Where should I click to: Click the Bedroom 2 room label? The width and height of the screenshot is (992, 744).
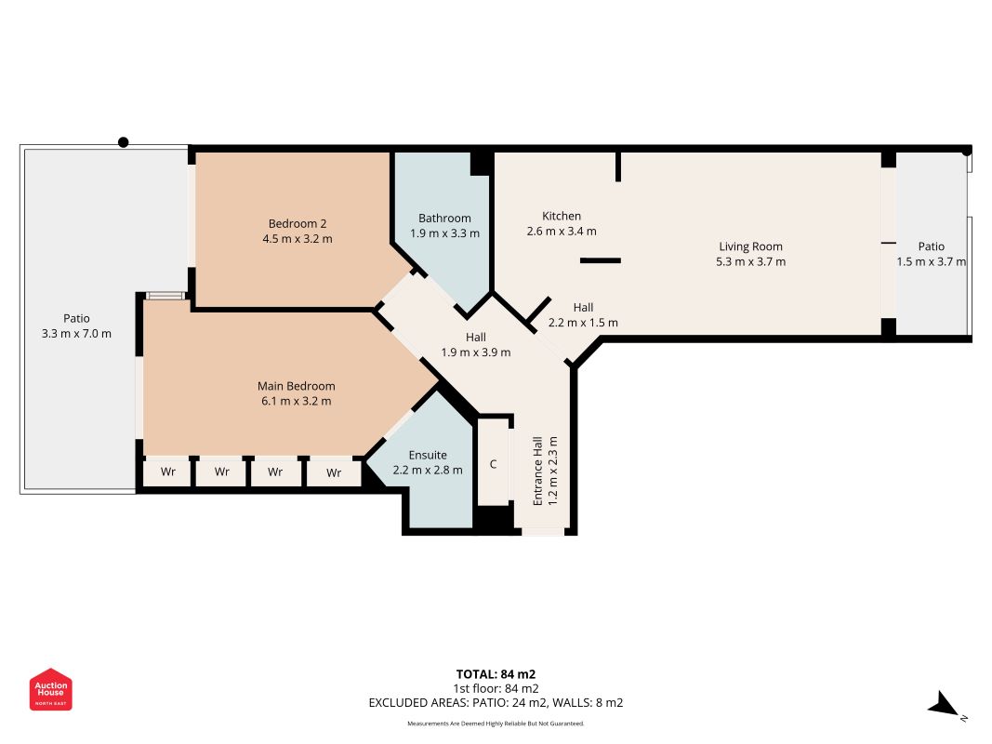pos(298,223)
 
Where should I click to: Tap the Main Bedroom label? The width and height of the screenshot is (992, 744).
pos(296,386)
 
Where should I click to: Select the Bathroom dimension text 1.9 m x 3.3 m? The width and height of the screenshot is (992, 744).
pos(444,233)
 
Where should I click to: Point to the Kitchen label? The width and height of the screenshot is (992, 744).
pos(562,216)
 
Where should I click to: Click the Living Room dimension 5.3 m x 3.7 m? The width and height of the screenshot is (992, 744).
pos(751,262)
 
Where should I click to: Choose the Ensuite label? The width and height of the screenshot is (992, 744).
pos(428,455)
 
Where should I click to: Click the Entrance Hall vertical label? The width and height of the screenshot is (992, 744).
pos(537,471)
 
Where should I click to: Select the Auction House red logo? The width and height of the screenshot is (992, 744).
pos(50,689)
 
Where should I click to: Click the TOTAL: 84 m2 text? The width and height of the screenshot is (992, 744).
pos(496,674)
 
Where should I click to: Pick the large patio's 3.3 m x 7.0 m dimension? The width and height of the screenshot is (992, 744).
pos(76,334)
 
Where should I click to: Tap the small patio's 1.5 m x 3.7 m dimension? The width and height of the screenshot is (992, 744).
pos(932,262)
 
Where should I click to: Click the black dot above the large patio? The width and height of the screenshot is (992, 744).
pos(124,142)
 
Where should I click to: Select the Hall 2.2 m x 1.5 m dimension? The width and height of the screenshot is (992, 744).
pos(583,323)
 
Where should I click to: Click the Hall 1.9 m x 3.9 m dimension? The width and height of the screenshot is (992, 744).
pos(476,352)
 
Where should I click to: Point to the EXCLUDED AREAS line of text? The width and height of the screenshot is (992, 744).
pos(496,703)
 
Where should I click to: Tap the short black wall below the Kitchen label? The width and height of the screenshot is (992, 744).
pos(601,260)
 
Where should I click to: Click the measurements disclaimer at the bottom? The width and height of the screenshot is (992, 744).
pos(496,724)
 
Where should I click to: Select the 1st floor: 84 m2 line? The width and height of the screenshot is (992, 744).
pos(496,688)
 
